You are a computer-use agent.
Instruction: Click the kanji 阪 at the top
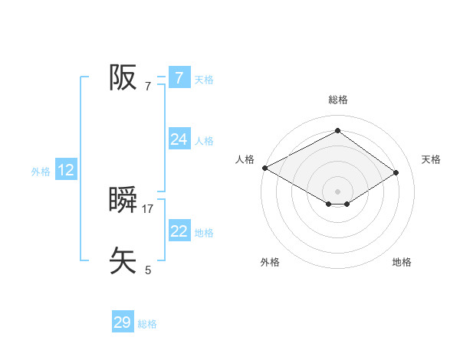(x=123, y=77)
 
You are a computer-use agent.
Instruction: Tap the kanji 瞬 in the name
(x=123, y=201)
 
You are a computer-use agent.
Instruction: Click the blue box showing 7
(x=179, y=78)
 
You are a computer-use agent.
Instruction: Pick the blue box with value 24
(x=179, y=139)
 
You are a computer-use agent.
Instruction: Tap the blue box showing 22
(x=179, y=231)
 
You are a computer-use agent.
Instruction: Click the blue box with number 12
(x=66, y=170)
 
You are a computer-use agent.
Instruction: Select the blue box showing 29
(x=122, y=322)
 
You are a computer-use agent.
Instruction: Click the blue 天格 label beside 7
(x=204, y=79)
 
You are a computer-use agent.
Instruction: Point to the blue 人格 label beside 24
(x=204, y=140)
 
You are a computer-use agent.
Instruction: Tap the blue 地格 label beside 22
(x=204, y=232)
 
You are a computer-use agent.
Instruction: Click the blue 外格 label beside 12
(x=41, y=172)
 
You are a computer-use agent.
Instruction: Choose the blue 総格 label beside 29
(x=147, y=324)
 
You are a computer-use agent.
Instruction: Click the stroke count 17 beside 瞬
(x=148, y=208)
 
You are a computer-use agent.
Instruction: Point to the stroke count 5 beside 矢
(x=148, y=270)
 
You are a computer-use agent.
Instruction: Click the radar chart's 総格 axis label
(x=337, y=100)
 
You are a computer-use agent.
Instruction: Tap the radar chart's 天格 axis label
(x=432, y=159)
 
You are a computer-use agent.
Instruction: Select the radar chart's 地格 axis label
(x=402, y=262)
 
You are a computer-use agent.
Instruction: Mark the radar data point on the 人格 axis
(x=264, y=167)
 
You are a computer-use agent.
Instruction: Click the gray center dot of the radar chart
(x=337, y=191)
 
